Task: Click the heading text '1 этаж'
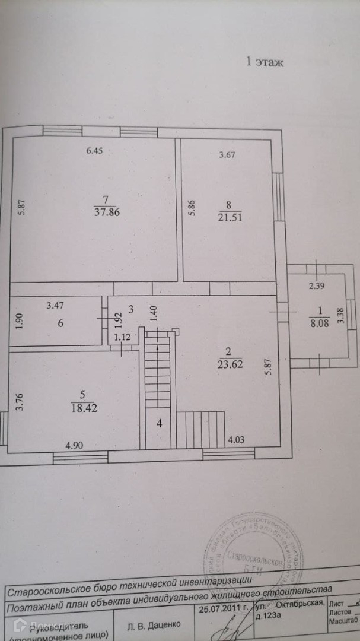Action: [265, 62]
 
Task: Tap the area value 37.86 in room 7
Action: [107, 214]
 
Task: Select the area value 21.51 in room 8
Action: [230, 218]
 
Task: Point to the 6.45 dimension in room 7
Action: [95, 151]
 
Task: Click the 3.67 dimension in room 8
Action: [228, 156]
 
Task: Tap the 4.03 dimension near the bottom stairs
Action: [237, 440]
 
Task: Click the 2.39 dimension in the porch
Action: [317, 287]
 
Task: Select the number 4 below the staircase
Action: [159, 423]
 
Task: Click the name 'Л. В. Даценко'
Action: [154, 624]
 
